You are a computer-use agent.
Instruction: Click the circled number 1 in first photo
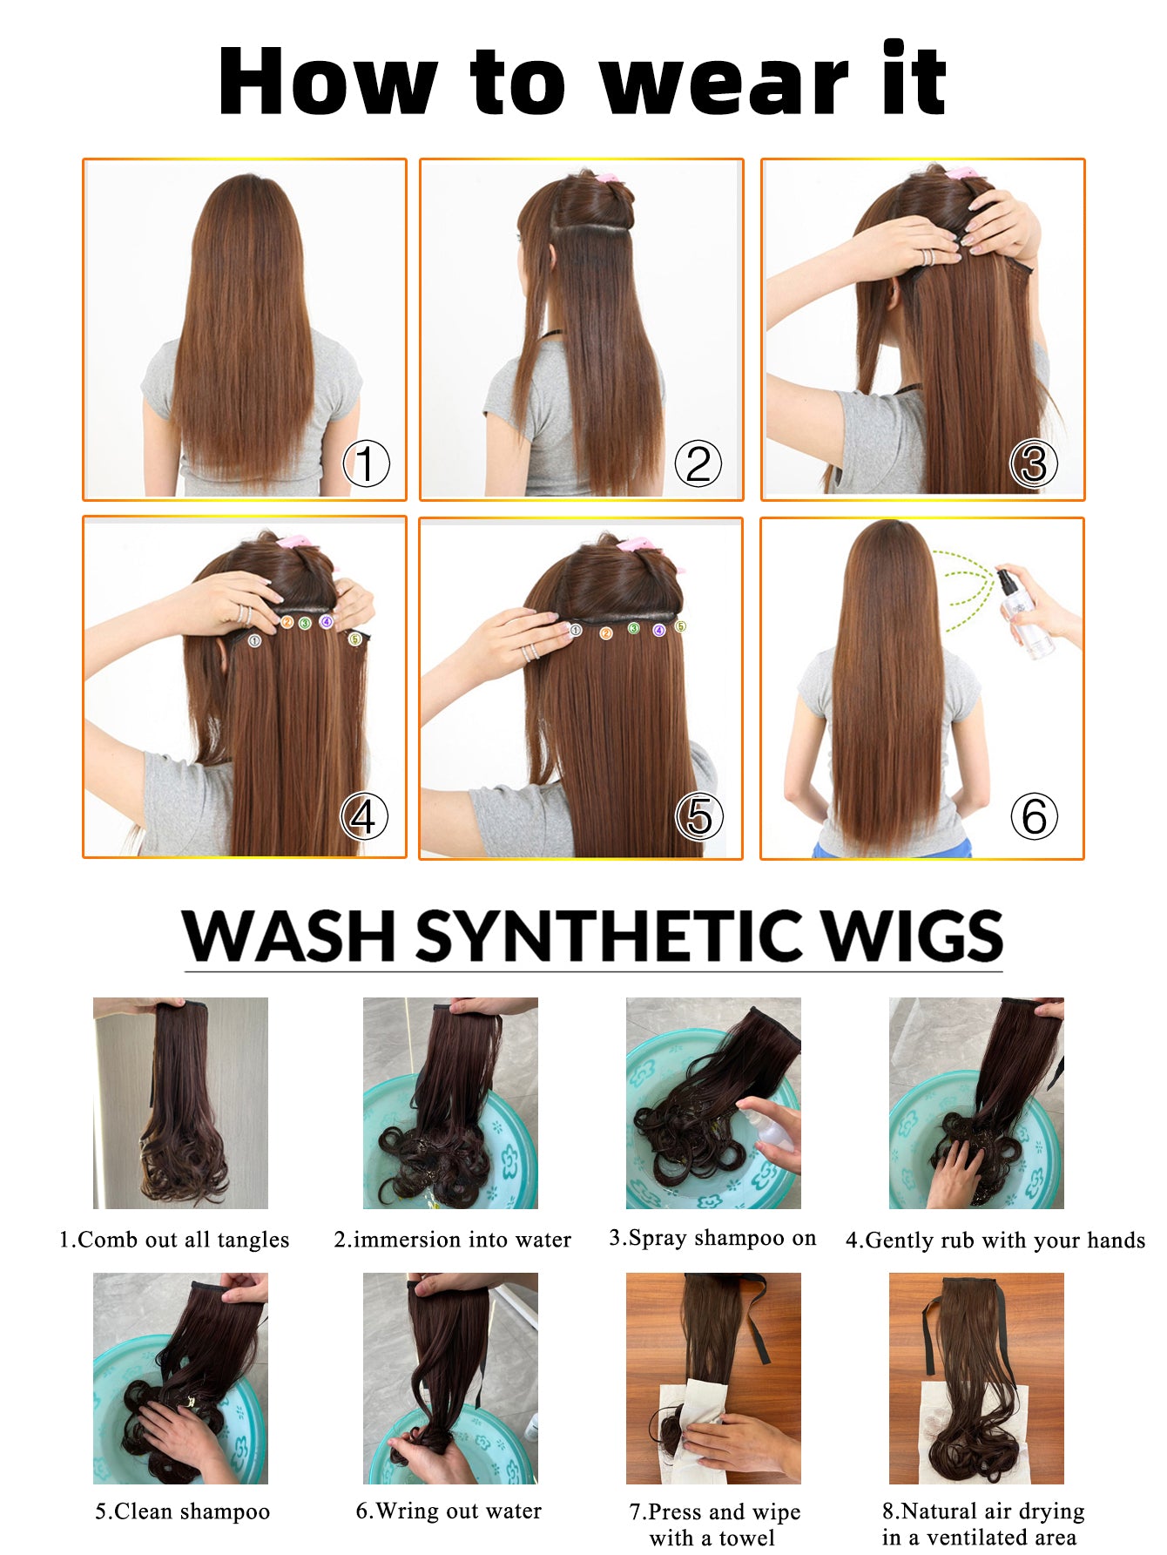click(366, 463)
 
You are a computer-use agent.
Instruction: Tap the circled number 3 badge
click(1033, 463)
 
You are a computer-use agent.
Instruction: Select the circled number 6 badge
click(1034, 816)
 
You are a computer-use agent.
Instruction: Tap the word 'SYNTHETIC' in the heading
click(610, 936)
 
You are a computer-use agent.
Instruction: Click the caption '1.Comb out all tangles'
click(174, 1240)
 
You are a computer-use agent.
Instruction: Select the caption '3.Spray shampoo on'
click(712, 1238)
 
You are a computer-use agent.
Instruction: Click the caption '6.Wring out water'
click(449, 1511)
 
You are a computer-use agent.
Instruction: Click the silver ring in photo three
click(928, 257)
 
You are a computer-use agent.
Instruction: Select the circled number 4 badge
click(363, 816)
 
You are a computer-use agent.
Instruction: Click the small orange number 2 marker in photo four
click(287, 622)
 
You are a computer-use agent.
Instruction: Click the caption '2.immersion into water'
click(452, 1240)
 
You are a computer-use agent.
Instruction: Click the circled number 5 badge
click(699, 816)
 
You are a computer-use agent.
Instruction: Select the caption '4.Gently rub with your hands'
click(995, 1241)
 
